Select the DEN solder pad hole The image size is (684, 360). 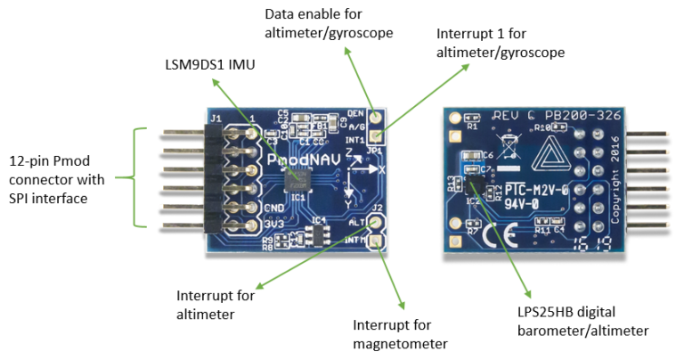click(x=378, y=118)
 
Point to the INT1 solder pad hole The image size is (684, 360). click(x=378, y=135)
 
